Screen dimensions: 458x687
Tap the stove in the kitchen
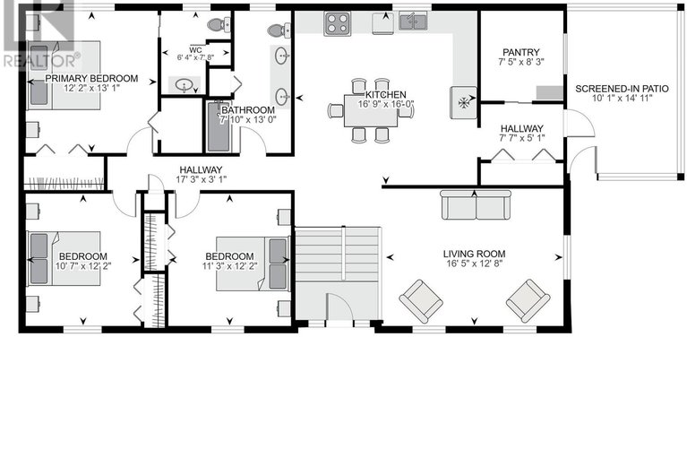(338, 22)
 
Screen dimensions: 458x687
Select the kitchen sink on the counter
(413, 20)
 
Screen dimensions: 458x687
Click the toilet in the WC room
(218, 25)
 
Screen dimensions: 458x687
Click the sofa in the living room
(475, 205)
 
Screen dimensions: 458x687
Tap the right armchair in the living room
(528, 300)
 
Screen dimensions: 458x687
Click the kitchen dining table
(371, 110)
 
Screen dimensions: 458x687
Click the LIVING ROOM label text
(474, 254)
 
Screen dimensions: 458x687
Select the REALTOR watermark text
(41, 61)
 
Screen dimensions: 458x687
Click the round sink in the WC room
(185, 86)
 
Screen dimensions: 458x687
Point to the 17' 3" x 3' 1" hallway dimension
(200, 181)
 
